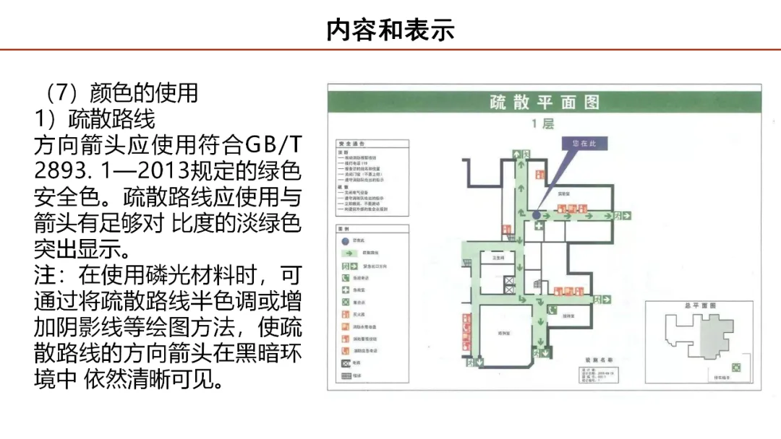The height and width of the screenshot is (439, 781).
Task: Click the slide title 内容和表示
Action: tap(390, 30)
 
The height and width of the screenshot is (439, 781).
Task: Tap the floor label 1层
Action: tap(543, 124)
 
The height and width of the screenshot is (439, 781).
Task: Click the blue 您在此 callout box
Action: tap(584, 144)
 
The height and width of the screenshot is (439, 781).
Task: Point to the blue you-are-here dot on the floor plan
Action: tap(536, 215)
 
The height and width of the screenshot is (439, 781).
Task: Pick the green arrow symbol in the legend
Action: tap(347, 253)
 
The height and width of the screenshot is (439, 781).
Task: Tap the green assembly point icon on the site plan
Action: tap(736, 367)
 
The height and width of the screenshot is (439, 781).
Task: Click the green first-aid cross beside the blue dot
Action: tap(539, 226)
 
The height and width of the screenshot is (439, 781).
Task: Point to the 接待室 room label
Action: tap(568, 316)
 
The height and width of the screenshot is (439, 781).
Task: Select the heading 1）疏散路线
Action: tap(95, 118)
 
